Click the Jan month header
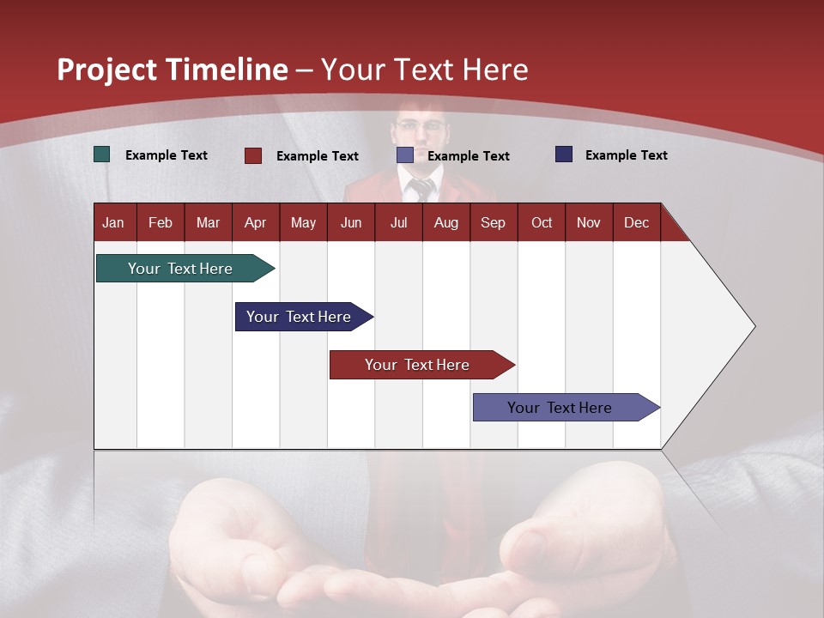tap(114, 222)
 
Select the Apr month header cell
tap(256, 222)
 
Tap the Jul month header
tap(398, 222)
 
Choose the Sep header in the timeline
tap(494, 222)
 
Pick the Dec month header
tap(636, 222)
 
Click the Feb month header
tap(161, 222)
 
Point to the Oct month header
tap(542, 222)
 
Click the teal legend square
tap(102, 154)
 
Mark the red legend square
tap(253, 155)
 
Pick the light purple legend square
tap(405, 155)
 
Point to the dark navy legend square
tap(564, 154)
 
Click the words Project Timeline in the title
tap(173, 70)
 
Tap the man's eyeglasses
tap(421, 126)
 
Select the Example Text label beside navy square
tap(626, 154)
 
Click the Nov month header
tap(589, 222)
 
